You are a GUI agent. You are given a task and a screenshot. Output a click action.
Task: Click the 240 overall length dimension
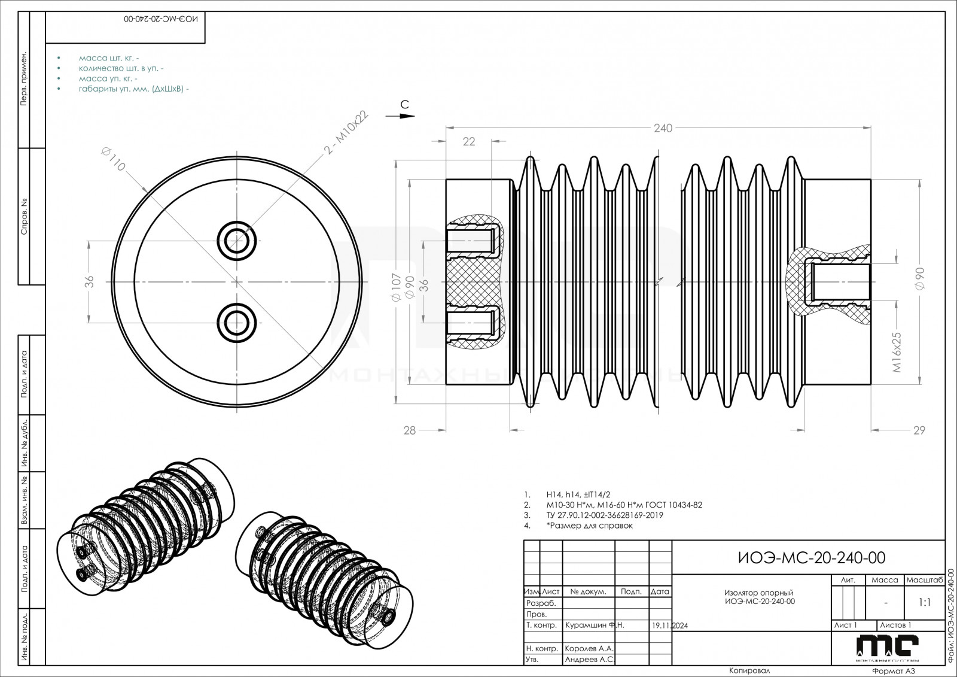pos(663,128)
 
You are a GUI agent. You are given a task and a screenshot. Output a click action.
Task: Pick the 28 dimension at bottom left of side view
pos(409,430)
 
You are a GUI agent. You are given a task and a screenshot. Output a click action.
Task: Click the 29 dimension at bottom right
pos(919,430)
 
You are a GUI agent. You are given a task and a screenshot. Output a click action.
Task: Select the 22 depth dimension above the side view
pos(469,141)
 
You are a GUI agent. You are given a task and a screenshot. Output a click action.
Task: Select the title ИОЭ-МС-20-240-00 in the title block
pos(812,558)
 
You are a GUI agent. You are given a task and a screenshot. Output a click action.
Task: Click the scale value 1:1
pos(924,603)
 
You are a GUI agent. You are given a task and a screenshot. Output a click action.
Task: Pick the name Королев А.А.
pos(589,648)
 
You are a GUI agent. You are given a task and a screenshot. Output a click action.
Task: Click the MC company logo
pos(887,646)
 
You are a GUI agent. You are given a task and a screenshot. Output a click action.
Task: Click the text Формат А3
pos(894,671)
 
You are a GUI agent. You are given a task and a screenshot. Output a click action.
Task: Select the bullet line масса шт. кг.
pos(108,59)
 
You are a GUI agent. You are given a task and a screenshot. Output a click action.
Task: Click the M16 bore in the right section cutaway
pos(840,281)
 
